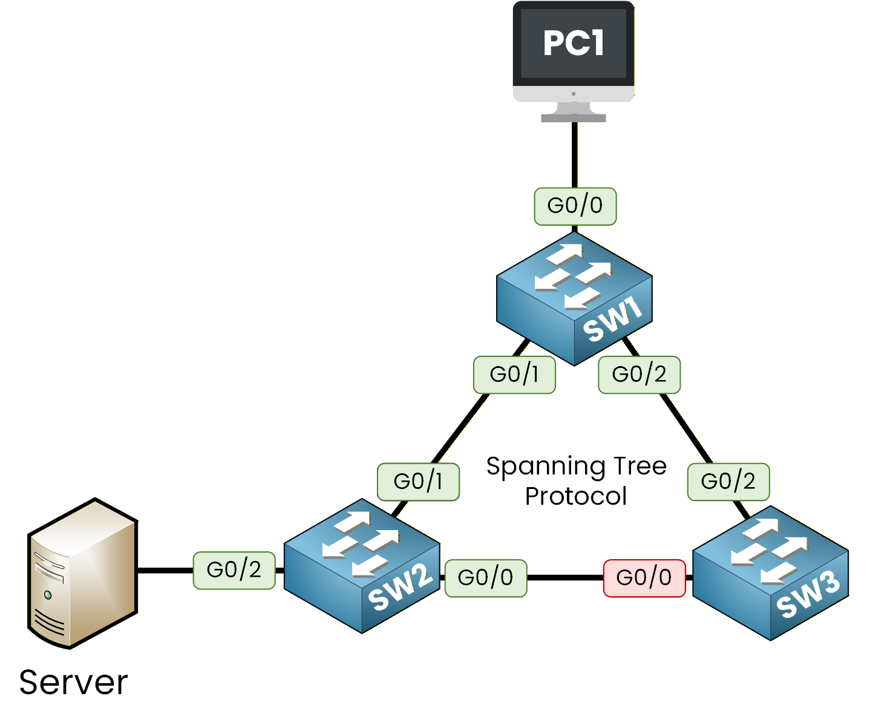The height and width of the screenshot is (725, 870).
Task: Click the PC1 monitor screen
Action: (x=574, y=43)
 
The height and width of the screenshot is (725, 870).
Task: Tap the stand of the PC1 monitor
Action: (x=574, y=113)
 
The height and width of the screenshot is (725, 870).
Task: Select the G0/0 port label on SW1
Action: (x=575, y=206)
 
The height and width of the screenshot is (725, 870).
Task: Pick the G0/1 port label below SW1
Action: (x=514, y=375)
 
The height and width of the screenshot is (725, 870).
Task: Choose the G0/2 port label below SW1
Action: (x=639, y=375)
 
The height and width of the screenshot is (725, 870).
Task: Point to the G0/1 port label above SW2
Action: (x=418, y=482)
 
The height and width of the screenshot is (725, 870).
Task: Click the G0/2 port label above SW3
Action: (x=728, y=482)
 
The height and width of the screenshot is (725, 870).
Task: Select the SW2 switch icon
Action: (x=361, y=566)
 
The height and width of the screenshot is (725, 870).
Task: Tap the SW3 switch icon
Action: (x=770, y=572)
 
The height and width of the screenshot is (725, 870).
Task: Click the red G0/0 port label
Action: (x=644, y=578)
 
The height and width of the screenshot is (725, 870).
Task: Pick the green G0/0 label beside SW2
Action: (x=486, y=578)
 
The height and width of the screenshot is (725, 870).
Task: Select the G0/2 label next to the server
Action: (x=234, y=570)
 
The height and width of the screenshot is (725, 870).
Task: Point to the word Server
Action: (x=73, y=683)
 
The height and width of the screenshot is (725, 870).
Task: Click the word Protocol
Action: (x=575, y=496)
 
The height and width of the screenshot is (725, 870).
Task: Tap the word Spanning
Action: (x=546, y=467)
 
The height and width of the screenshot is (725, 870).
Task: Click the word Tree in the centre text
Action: (x=639, y=466)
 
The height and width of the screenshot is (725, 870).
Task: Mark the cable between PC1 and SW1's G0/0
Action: (x=574, y=155)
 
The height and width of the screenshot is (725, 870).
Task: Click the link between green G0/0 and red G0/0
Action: (x=565, y=578)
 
